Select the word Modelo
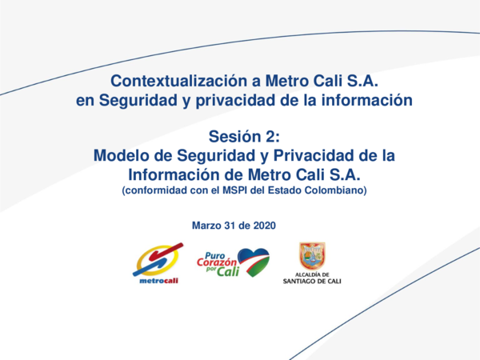click(120, 154)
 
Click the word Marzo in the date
click(210, 226)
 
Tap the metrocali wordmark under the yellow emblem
click(158, 280)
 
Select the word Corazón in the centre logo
click(217, 260)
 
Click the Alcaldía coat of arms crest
click(311, 256)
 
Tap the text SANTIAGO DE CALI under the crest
click(311, 282)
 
